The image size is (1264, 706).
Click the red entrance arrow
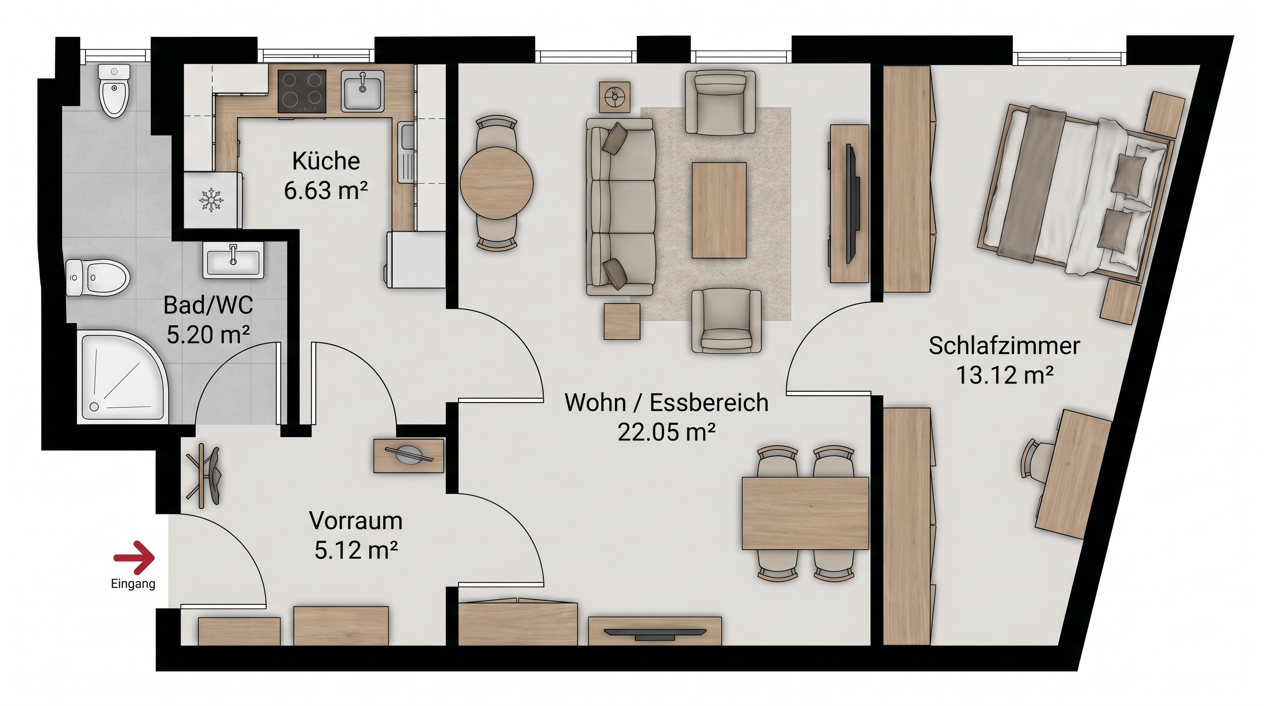(135, 557)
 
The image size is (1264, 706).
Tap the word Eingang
(133, 584)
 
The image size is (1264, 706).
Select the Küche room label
(326, 160)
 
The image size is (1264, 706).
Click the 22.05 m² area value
(666, 432)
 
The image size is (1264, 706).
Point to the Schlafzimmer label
(1004, 346)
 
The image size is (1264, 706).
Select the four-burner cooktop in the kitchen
(302, 91)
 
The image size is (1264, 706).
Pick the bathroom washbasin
(233, 260)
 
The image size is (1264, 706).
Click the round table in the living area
(497, 183)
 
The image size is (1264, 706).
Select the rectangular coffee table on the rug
(719, 210)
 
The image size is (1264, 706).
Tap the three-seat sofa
(621, 208)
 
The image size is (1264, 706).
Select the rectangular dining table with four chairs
(805, 513)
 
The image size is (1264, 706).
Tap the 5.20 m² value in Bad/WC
(209, 335)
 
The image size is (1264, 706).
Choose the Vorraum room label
(356, 520)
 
